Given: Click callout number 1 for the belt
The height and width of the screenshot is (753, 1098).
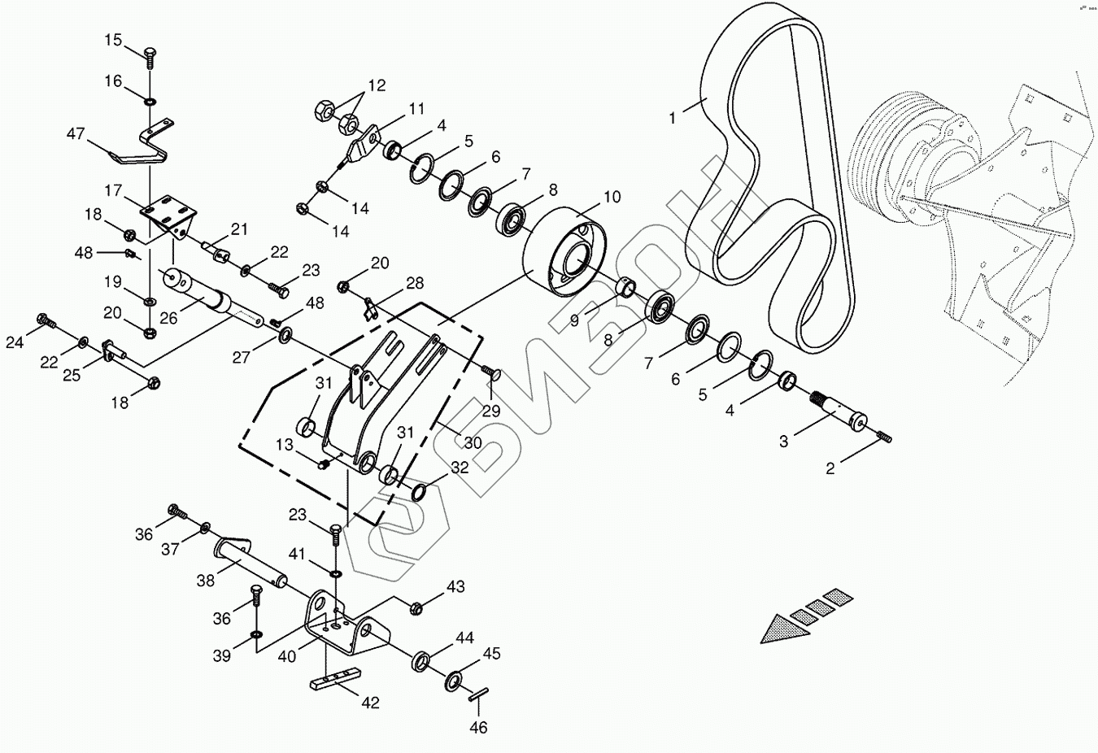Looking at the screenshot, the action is pyautogui.click(x=673, y=118).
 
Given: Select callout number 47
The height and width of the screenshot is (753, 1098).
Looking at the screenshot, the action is pyautogui.click(x=76, y=134).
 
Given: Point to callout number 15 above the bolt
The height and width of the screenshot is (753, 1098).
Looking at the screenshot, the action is pyautogui.click(x=113, y=40).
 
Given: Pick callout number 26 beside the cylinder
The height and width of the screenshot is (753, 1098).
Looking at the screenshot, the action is pyautogui.click(x=168, y=318).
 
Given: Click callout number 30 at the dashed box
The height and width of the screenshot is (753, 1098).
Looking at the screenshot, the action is pyautogui.click(x=473, y=443).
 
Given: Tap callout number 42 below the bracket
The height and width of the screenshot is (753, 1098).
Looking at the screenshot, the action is pyautogui.click(x=370, y=703).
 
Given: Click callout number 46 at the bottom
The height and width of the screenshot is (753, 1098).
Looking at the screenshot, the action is pyautogui.click(x=478, y=727).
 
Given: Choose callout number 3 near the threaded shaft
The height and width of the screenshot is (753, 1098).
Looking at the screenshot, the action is pyautogui.click(x=783, y=442).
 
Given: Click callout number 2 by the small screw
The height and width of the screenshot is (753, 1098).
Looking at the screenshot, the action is pyautogui.click(x=830, y=468).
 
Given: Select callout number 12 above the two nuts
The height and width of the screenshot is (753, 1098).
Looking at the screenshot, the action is pyautogui.click(x=377, y=85).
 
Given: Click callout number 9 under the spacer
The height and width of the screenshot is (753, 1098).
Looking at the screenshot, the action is pyautogui.click(x=574, y=320).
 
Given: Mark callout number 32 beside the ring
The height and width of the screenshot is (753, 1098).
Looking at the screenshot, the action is pyautogui.click(x=460, y=468).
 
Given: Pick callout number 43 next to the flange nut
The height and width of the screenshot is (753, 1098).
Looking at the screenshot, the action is pyautogui.click(x=455, y=586).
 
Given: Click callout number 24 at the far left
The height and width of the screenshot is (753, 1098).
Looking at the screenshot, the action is pyautogui.click(x=15, y=342).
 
